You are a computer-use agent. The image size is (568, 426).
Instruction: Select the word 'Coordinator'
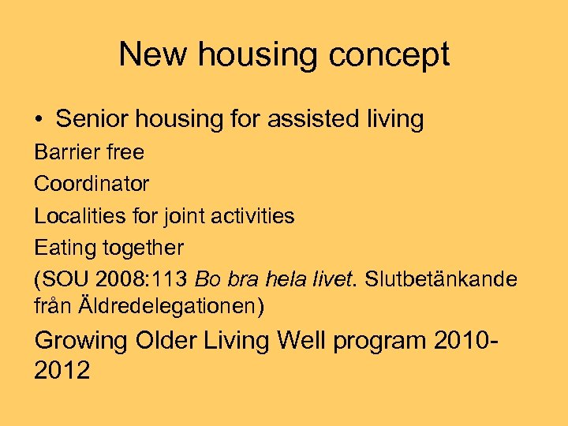92,184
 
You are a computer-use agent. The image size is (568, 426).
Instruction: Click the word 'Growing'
81,341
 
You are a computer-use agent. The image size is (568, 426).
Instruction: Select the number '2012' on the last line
62,369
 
